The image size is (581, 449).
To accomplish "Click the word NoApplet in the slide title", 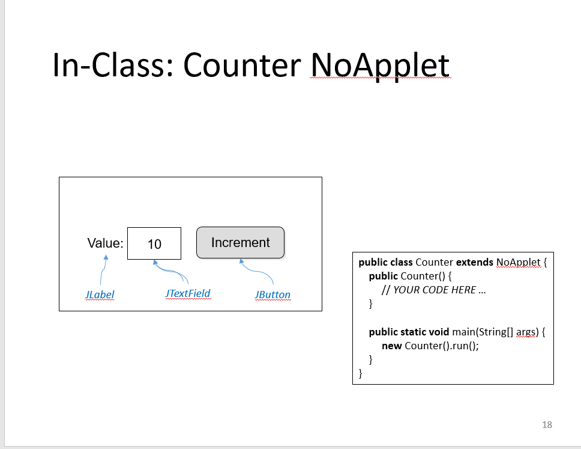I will (x=379, y=65).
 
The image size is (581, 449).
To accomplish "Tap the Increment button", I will (x=240, y=243).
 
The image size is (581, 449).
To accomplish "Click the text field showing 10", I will (x=154, y=243).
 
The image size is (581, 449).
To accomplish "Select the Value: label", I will (x=105, y=243).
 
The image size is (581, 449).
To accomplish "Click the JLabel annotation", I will (x=100, y=295).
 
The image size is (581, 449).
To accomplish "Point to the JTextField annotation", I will (x=188, y=293).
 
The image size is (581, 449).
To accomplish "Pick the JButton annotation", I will (x=272, y=295).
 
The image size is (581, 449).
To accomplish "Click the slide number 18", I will (x=546, y=424).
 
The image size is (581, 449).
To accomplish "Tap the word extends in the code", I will (x=475, y=262).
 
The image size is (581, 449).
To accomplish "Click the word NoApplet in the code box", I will (x=519, y=262).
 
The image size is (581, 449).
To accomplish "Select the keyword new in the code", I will (x=391, y=346).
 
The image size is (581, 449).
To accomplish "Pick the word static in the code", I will (x=412, y=332).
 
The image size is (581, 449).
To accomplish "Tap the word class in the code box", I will (x=401, y=262).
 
